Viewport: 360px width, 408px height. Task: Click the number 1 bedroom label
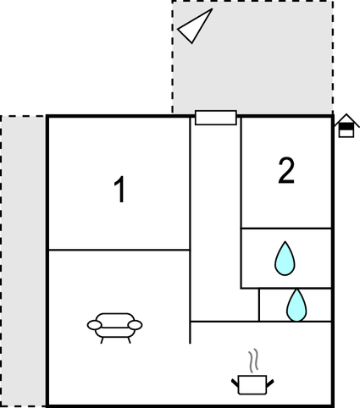click(x=119, y=190)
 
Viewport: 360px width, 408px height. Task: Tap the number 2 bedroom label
click(x=286, y=170)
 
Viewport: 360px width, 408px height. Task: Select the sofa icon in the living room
click(x=114, y=328)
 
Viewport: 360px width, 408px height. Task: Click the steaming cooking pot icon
click(x=252, y=372)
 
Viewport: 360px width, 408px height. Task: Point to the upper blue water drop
click(x=285, y=258)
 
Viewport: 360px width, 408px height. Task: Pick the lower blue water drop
click(x=296, y=306)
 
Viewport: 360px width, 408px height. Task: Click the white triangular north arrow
click(x=195, y=26)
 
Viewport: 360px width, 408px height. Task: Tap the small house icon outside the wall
click(x=346, y=125)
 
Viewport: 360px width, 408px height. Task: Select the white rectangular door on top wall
click(x=216, y=118)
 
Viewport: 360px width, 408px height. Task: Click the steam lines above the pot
click(x=253, y=360)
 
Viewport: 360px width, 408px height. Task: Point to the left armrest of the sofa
click(x=94, y=325)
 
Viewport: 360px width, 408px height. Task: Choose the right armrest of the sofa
click(x=135, y=325)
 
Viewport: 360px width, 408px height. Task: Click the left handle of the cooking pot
click(x=235, y=383)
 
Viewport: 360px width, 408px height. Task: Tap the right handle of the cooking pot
click(x=269, y=383)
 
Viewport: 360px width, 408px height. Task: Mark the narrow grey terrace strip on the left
click(x=23, y=261)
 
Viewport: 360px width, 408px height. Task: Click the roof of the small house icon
click(x=346, y=119)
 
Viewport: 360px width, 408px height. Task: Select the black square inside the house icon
click(x=346, y=127)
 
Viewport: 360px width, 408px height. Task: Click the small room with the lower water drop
click(x=296, y=305)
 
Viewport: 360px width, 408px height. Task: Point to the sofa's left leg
click(x=102, y=340)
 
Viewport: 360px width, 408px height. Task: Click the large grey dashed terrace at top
click(x=252, y=58)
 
